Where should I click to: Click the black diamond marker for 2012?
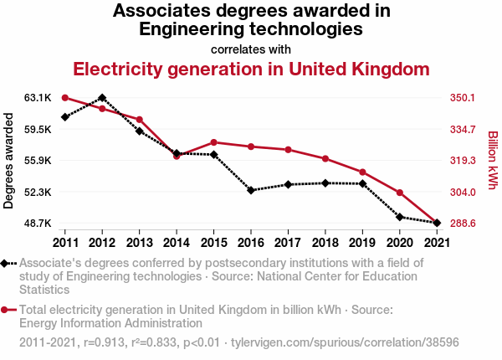(102, 98)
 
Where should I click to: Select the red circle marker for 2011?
(64, 98)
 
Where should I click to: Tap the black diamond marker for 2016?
(251, 190)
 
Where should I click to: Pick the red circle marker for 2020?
(400, 193)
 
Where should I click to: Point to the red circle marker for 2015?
(213, 142)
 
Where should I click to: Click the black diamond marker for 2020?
(400, 217)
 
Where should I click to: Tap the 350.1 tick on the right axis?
(462, 98)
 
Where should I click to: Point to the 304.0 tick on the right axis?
(462, 192)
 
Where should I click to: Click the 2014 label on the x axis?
(177, 242)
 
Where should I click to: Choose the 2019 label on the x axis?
(362, 242)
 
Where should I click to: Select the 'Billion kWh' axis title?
(492, 161)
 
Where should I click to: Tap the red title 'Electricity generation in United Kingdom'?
(251, 68)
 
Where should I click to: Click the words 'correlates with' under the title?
(251, 49)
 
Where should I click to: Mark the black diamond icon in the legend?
(6, 264)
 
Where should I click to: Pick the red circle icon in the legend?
(6, 310)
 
